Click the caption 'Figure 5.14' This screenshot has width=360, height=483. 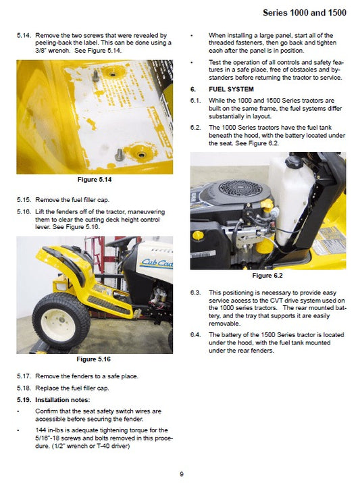coord(95,180)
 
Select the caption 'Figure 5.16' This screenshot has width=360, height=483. coord(95,359)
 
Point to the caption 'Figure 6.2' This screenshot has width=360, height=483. coord(267,276)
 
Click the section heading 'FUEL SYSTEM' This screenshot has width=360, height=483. coord(231,89)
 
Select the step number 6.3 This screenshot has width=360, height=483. coord(197,292)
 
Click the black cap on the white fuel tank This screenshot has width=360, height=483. coord(294,163)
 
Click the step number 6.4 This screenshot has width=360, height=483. coord(197,334)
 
